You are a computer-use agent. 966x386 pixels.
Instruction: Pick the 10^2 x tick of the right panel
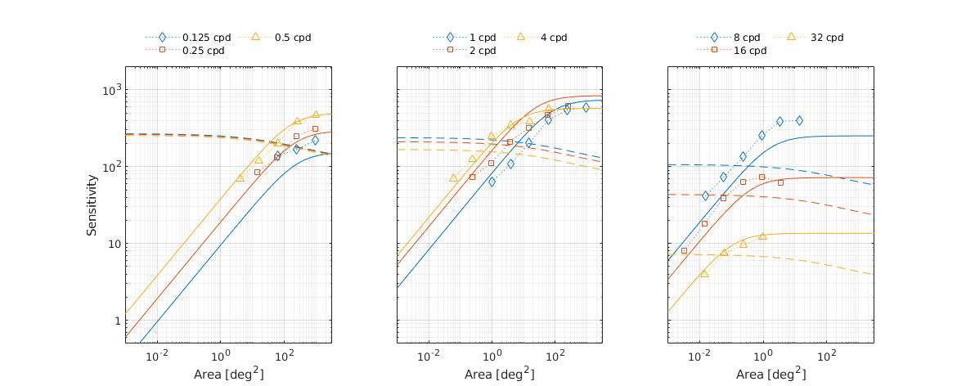[x=827, y=357]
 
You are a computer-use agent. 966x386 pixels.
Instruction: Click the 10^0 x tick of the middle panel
[x=492, y=357]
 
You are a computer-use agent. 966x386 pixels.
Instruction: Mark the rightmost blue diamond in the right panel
[x=799, y=120]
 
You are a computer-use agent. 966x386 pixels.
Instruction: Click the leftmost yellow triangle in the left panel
[x=240, y=178]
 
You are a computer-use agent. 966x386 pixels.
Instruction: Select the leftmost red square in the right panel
[x=684, y=251]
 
